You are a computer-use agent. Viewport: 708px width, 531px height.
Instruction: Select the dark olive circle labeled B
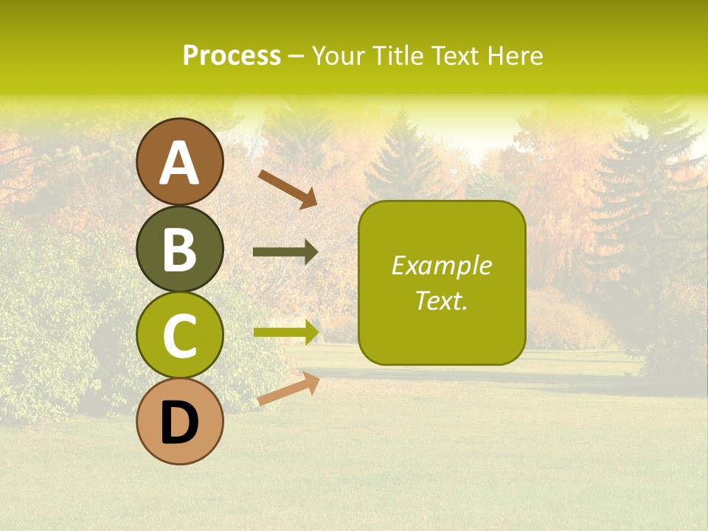[x=180, y=249]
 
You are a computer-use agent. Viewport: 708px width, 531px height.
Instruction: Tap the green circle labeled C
[x=180, y=335]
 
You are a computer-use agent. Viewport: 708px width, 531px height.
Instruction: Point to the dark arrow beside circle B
[x=285, y=252]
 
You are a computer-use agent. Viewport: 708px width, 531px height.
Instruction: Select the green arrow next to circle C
[x=286, y=332]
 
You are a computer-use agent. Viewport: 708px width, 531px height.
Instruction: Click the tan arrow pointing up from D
[x=288, y=389]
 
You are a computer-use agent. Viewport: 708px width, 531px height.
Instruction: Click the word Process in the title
[x=232, y=55]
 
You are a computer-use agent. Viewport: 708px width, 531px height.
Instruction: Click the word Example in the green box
[x=441, y=265]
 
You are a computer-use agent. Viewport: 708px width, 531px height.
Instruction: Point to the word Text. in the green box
[x=441, y=300]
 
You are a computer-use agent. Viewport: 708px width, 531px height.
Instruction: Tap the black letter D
[x=180, y=423]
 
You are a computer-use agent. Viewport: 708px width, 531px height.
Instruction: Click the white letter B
[x=180, y=250]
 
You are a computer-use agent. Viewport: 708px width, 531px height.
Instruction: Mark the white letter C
[x=180, y=336]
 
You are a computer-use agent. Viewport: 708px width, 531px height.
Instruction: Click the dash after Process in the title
[x=296, y=56]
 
